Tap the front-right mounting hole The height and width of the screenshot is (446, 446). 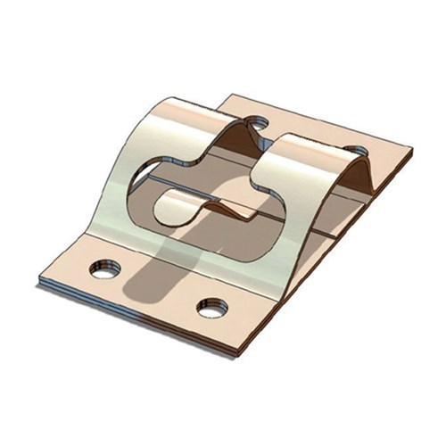(212, 309)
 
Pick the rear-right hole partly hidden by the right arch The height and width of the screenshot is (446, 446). (355, 153)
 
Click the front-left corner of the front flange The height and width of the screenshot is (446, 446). (39, 284)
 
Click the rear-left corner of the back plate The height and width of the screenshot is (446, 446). (230, 95)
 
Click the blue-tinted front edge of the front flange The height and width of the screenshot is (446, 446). (134, 318)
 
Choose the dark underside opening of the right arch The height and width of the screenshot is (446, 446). (357, 178)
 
